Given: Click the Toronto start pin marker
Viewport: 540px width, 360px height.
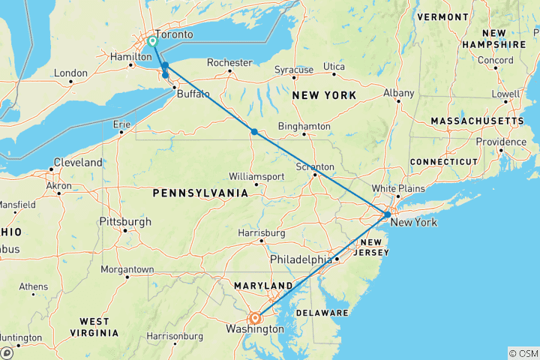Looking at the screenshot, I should pyautogui.click(x=152, y=42).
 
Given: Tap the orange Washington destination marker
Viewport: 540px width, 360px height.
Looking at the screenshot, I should pyautogui.click(x=256, y=318).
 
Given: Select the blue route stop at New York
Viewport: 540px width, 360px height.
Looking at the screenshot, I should pyautogui.click(x=386, y=214).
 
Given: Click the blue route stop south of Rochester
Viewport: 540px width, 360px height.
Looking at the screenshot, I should pyautogui.click(x=255, y=132).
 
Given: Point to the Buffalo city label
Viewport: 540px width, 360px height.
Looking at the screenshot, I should pyautogui.click(x=193, y=94).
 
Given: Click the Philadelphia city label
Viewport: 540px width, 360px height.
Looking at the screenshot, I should pyautogui.click(x=301, y=259).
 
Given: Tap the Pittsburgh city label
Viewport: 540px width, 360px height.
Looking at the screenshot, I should pyautogui.click(x=124, y=222).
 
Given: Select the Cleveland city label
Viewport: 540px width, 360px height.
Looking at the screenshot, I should pyautogui.click(x=76, y=163).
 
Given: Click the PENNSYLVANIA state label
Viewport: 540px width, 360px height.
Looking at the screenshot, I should pyautogui.click(x=200, y=193).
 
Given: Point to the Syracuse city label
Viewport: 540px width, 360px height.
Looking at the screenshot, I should pyautogui.click(x=293, y=70).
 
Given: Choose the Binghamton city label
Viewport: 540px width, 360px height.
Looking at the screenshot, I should pyautogui.click(x=304, y=127).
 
